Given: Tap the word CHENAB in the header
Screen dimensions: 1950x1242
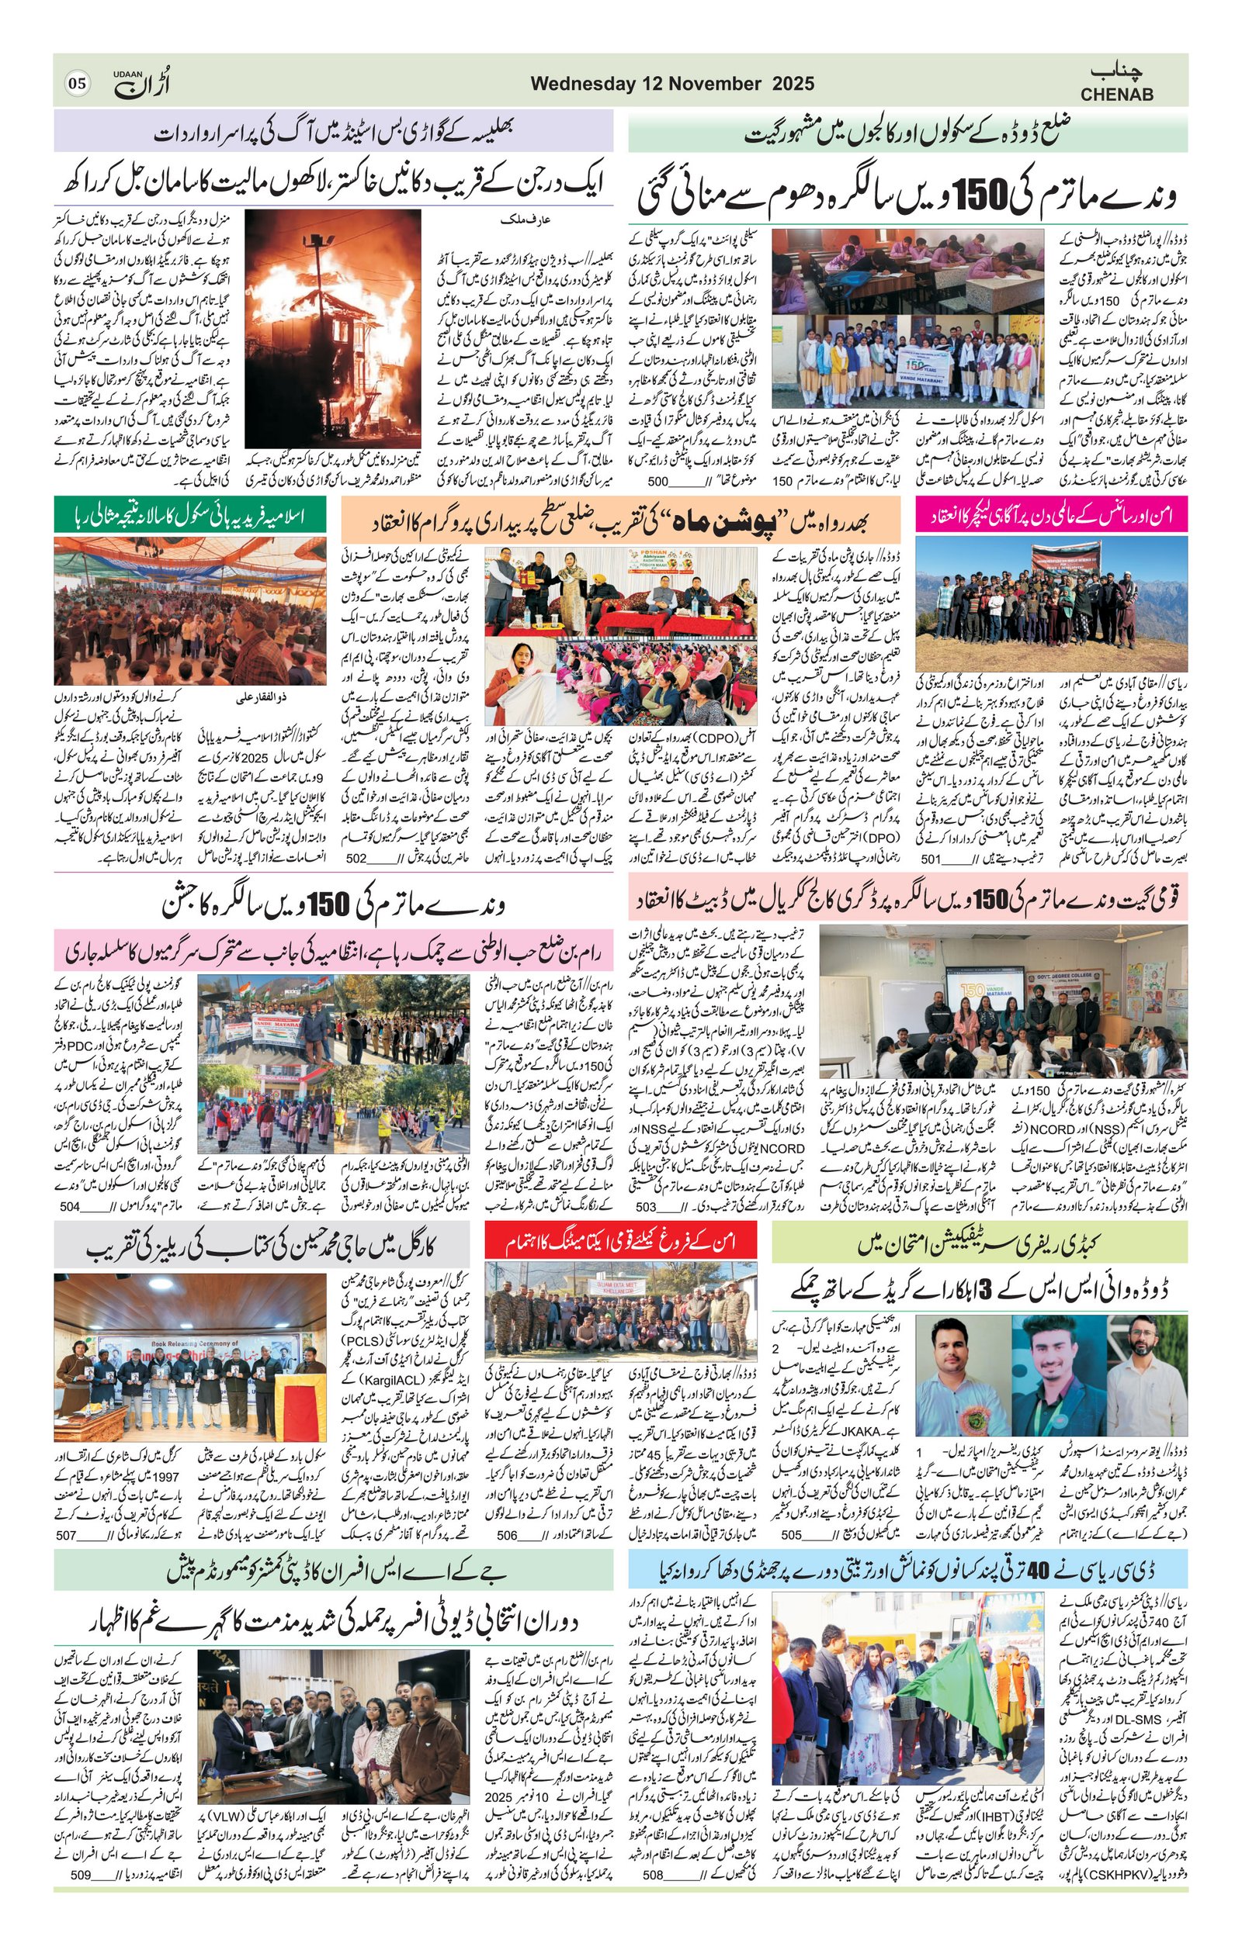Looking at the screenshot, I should pos(1116,94).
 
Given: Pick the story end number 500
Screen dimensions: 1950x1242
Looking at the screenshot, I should pos(657,481).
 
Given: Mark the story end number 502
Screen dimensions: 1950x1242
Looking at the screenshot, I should pos(356,859).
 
